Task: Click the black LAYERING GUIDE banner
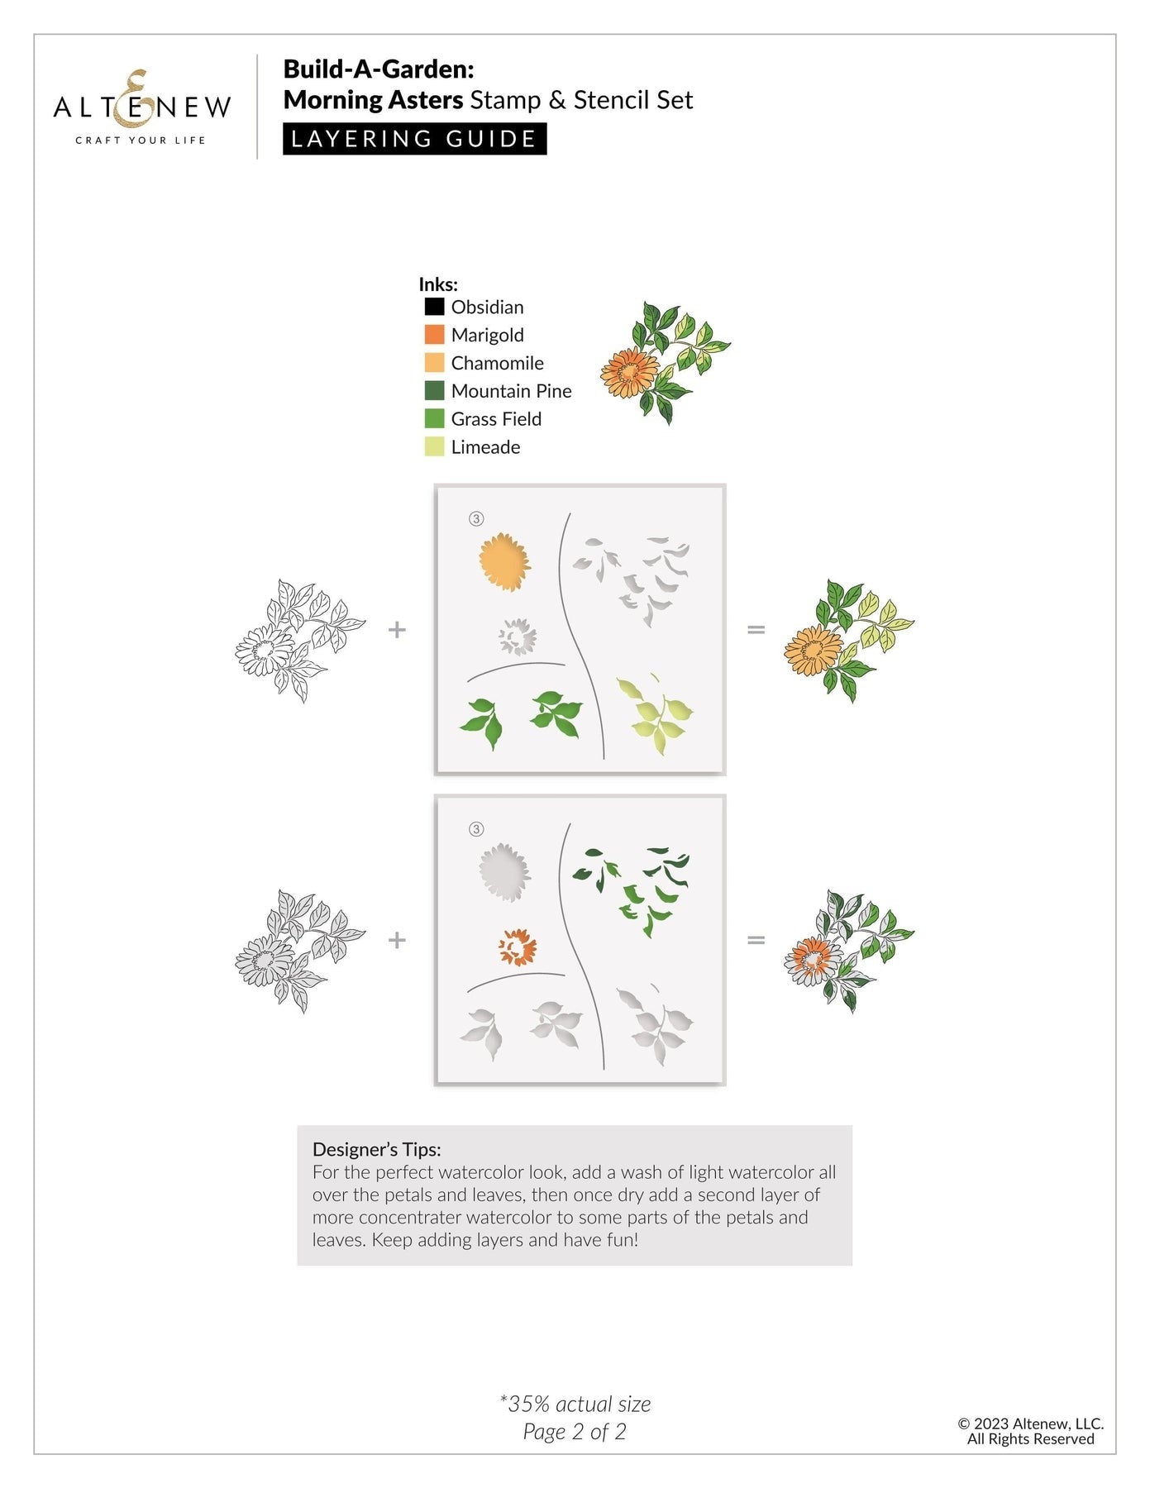[x=414, y=138]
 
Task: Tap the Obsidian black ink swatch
[x=434, y=307]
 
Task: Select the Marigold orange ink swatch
[x=434, y=335]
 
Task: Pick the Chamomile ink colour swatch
[x=434, y=363]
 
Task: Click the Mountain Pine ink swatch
[x=434, y=391]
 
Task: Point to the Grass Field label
[x=496, y=419]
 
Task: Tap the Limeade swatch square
[x=434, y=447]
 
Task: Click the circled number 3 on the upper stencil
[x=476, y=518]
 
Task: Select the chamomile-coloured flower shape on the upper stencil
[x=504, y=562]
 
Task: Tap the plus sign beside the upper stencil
[x=397, y=630]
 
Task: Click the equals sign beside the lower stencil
[x=756, y=940]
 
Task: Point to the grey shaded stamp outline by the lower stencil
[x=298, y=951]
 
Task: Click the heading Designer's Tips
[x=376, y=1149]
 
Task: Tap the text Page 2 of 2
[x=575, y=1432]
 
